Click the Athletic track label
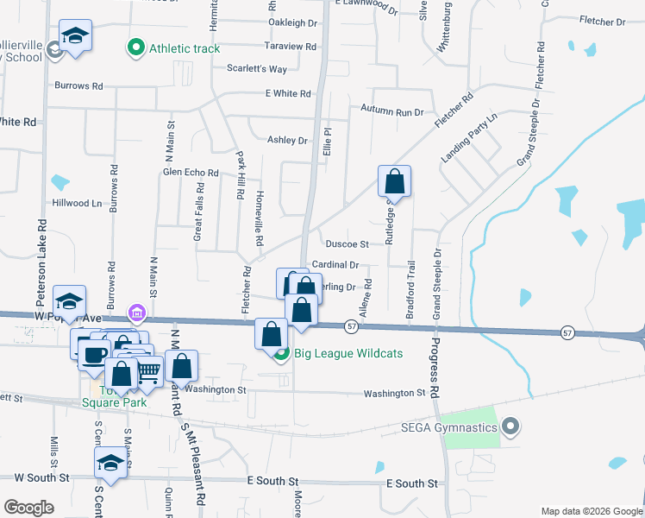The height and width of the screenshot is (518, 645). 185,48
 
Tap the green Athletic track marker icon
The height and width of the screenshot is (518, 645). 135,48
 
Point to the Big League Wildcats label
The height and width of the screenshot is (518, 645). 337,352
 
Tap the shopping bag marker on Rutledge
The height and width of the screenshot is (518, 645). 394,181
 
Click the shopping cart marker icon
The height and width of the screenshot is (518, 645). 148,371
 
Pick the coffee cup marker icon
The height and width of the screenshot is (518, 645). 95,352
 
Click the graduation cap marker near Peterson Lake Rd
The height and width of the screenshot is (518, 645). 70,300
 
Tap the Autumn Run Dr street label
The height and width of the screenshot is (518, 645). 392,111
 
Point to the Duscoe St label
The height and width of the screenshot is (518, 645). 347,244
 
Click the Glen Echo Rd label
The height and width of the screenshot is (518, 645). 191,172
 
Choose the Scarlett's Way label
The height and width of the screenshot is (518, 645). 257,68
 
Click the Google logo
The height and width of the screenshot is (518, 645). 28,508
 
